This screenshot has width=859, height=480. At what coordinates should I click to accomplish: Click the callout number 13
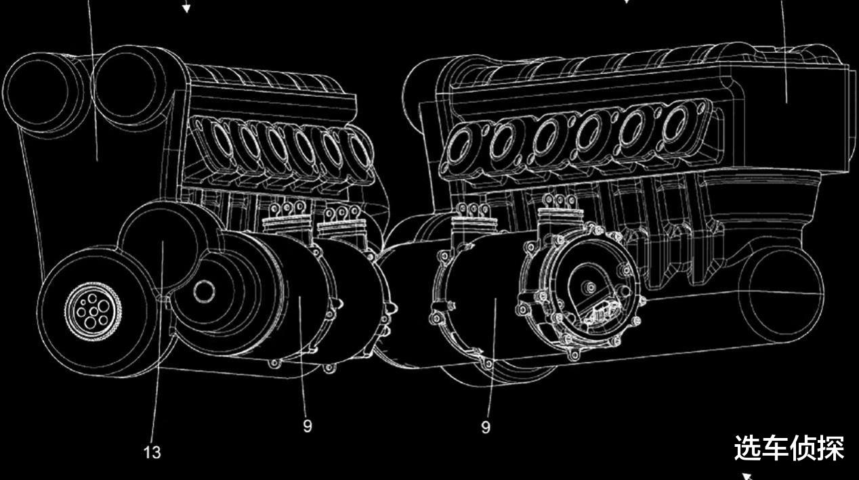152,453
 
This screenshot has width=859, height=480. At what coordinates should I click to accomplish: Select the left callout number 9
308,426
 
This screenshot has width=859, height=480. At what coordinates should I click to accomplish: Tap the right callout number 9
486,427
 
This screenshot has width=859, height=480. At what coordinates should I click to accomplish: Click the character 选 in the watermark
747,448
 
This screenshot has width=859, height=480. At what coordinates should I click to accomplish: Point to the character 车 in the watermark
774,448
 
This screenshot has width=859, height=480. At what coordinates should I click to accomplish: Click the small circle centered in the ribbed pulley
204,291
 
